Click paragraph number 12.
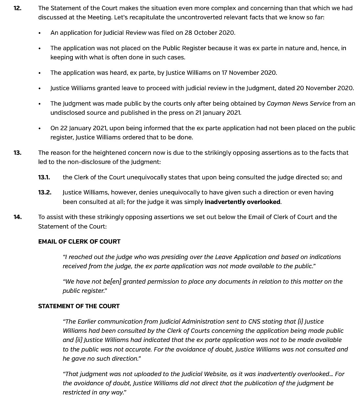coord(17,8)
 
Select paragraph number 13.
coord(17,152)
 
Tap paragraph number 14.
coord(17,217)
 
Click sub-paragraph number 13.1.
coord(44,177)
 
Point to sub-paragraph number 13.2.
coord(45,192)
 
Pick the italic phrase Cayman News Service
coord(299,104)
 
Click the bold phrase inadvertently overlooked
coord(242,202)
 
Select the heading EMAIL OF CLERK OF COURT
coord(79,242)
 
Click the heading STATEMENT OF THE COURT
coord(79,306)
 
